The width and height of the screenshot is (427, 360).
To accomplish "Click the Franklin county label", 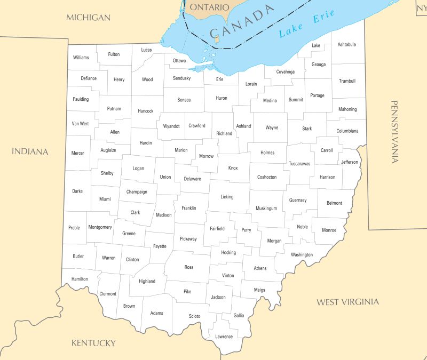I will point(188,208).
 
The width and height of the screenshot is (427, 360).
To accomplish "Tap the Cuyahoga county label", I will point(285,71).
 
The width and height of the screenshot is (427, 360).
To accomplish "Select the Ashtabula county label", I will point(346,44).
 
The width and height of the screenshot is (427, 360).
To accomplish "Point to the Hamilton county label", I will point(80,279).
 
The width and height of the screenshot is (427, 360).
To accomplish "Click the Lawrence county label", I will point(224,337).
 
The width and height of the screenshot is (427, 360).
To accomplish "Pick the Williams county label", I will point(81,57).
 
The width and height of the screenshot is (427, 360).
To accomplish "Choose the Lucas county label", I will point(146,50).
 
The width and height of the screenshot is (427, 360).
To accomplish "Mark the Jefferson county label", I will point(350,162).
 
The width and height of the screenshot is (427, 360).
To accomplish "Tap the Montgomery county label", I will point(100,227).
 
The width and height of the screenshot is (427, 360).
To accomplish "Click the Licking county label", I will point(227,197).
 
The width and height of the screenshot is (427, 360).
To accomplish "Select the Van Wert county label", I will point(80,123).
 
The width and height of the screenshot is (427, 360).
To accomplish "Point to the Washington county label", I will point(302,254).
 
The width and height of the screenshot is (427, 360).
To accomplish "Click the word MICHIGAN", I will point(88,18).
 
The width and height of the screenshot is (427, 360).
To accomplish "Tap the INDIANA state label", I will point(30,151).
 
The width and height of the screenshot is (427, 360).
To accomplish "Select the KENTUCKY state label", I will point(93,343).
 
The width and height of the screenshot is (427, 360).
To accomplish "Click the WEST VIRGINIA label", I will point(347,302).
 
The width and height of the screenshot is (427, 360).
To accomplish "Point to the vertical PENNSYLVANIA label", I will point(394,131).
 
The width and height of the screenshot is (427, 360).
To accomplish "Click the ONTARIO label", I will point(209,7).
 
